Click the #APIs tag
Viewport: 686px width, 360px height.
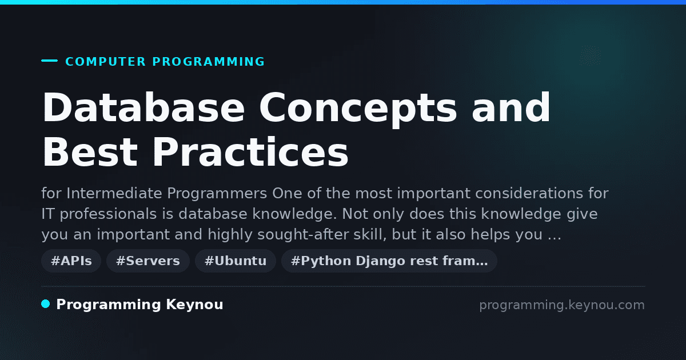coord(71,261)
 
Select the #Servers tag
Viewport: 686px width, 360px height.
coord(148,261)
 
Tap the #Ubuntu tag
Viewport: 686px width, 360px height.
coord(236,261)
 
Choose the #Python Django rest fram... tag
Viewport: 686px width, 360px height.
coord(389,261)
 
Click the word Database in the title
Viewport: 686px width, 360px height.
coord(143,107)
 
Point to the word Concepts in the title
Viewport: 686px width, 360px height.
coord(358,109)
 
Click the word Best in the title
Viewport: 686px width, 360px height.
coord(90,152)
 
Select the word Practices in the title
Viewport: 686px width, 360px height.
coord(250,152)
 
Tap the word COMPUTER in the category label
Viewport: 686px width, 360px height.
coord(106,62)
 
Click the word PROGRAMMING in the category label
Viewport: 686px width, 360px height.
coord(209,62)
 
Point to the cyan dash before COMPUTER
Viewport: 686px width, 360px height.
coord(49,61)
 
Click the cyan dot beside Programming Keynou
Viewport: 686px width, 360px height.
coord(45,304)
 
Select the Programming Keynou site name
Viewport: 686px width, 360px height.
coord(139,305)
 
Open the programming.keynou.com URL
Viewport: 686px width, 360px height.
coord(562,305)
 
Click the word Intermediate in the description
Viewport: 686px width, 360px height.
coord(114,194)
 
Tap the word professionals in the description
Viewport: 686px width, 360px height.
coord(108,214)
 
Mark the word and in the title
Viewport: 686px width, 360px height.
coord(511,107)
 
